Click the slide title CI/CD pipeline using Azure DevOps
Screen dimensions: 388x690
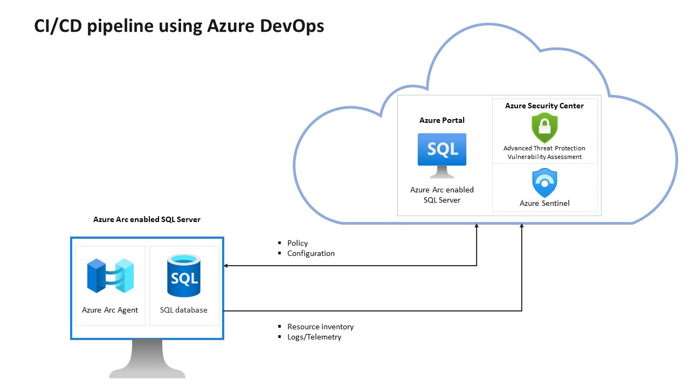pyautogui.click(x=179, y=25)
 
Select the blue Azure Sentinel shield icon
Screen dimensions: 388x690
pyautogui.click(x=544, y=183)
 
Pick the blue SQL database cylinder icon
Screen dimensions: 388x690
pyautogui.click(x=183, y=276)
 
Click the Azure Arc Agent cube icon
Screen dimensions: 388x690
pyautogui.click(x=111, y=276)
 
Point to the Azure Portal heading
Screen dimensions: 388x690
pyautogui.click(x=442, y=120)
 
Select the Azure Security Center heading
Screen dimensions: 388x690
pyautogui.click(x=544, y=106)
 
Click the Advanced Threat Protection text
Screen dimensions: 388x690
pyautogui.click(x=544, y=148)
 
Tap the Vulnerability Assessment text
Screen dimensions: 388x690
pyautogui.click(x=544, y=157)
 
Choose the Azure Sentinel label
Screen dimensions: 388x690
pyautogui.click(x=544, y=203)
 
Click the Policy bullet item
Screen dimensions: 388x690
pyautogui.click(x=297, y=243)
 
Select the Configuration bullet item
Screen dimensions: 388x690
pyautogui.click(x=310, y=253)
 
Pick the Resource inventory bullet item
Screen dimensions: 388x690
pyautogui.click(x=320, y=327)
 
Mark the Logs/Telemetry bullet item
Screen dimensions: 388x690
pyautogui.click(x=314, y=337)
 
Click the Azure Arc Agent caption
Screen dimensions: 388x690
pyautogui.click(x=110, y=310)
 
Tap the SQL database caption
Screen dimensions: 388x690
pyautogui.click(x=184, y=310)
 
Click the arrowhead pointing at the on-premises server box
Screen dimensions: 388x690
pyautogui.click(x=226, y=265)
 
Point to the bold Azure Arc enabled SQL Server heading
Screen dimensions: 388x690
pyautogui.click(x=147, y=219)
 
